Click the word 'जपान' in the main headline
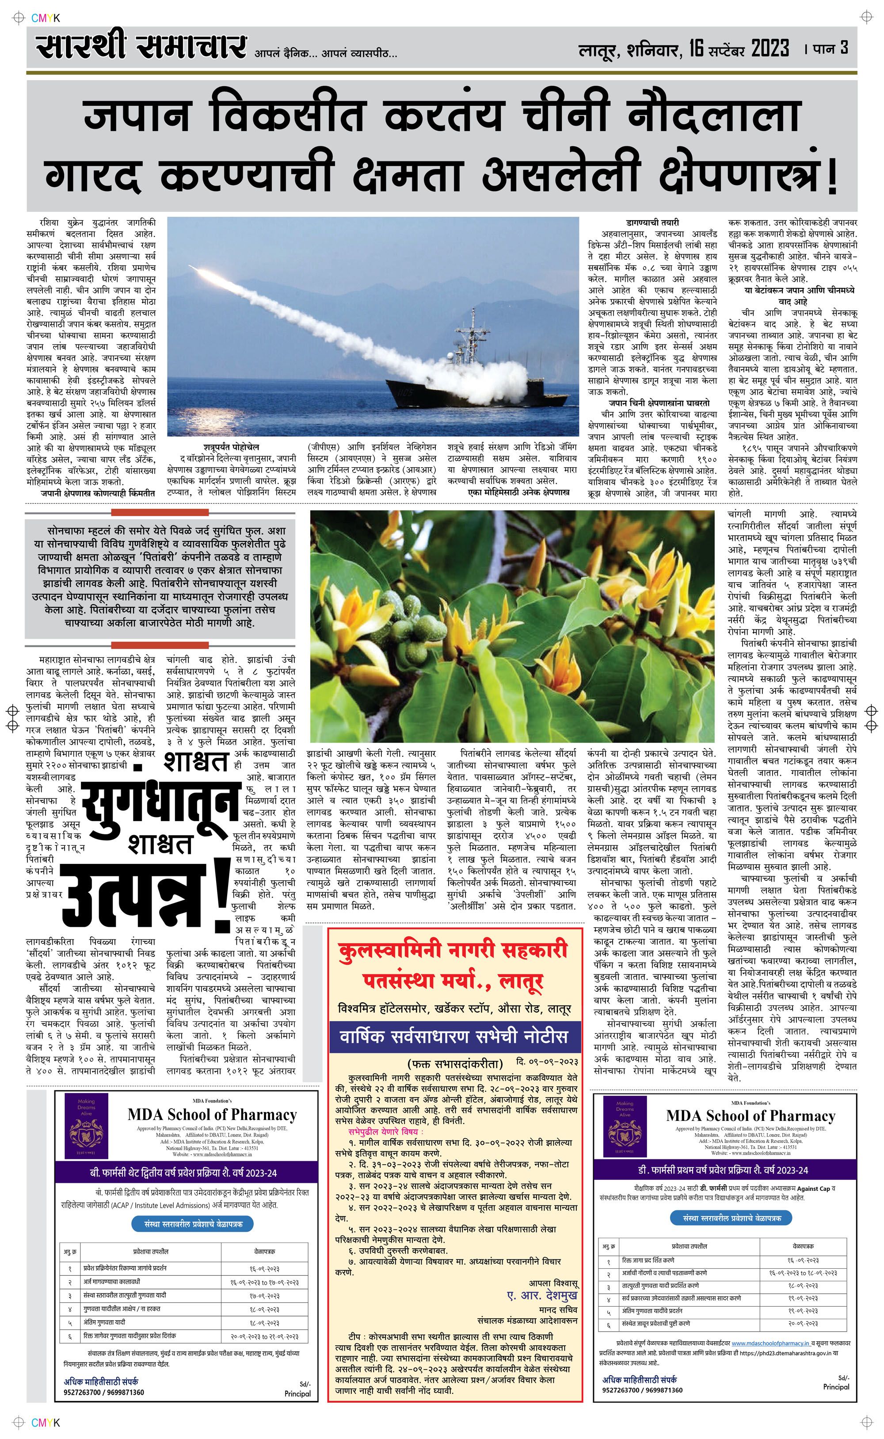click(x=137, y=116)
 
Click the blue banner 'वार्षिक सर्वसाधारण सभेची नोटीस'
click(x=454, y=1036)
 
